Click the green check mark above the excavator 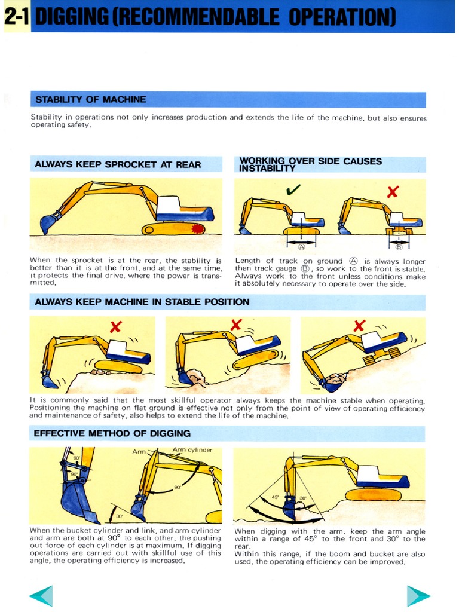tap(293, 190)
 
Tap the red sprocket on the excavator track tap(195, 228)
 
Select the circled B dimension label tap(399, 246)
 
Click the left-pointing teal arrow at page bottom tap(41, 595)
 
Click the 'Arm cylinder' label tap(192, 450)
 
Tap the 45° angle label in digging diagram tap(276, 497)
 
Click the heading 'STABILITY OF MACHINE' tap(91, 99)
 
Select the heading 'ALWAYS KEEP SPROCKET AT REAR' tap(118, 164)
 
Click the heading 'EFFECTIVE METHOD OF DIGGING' tap(112, 433)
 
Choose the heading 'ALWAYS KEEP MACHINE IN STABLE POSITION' tap(142, 302)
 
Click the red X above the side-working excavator tap(393, 192)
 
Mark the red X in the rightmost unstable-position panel tap(359, 326)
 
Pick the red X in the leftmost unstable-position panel tap(116, 326)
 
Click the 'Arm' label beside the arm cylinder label tap(139, 452)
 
